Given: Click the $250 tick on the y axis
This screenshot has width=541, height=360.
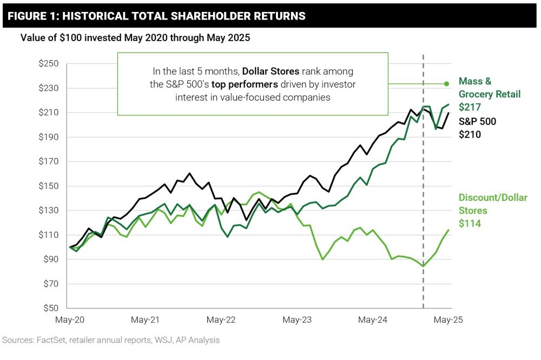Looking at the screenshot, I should [49, 64].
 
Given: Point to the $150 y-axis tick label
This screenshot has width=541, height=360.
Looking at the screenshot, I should [49, 186].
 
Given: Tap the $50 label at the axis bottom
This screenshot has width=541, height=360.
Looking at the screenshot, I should [51, 309].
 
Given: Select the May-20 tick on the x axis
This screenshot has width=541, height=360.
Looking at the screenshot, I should [69, 320].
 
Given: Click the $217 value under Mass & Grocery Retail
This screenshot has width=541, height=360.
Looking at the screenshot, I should [469, 107].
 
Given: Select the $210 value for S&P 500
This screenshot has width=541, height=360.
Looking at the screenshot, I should [470, 134].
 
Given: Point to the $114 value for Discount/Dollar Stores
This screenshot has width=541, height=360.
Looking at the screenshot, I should [469, 223].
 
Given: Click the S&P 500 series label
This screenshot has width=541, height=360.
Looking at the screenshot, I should [477, 121].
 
